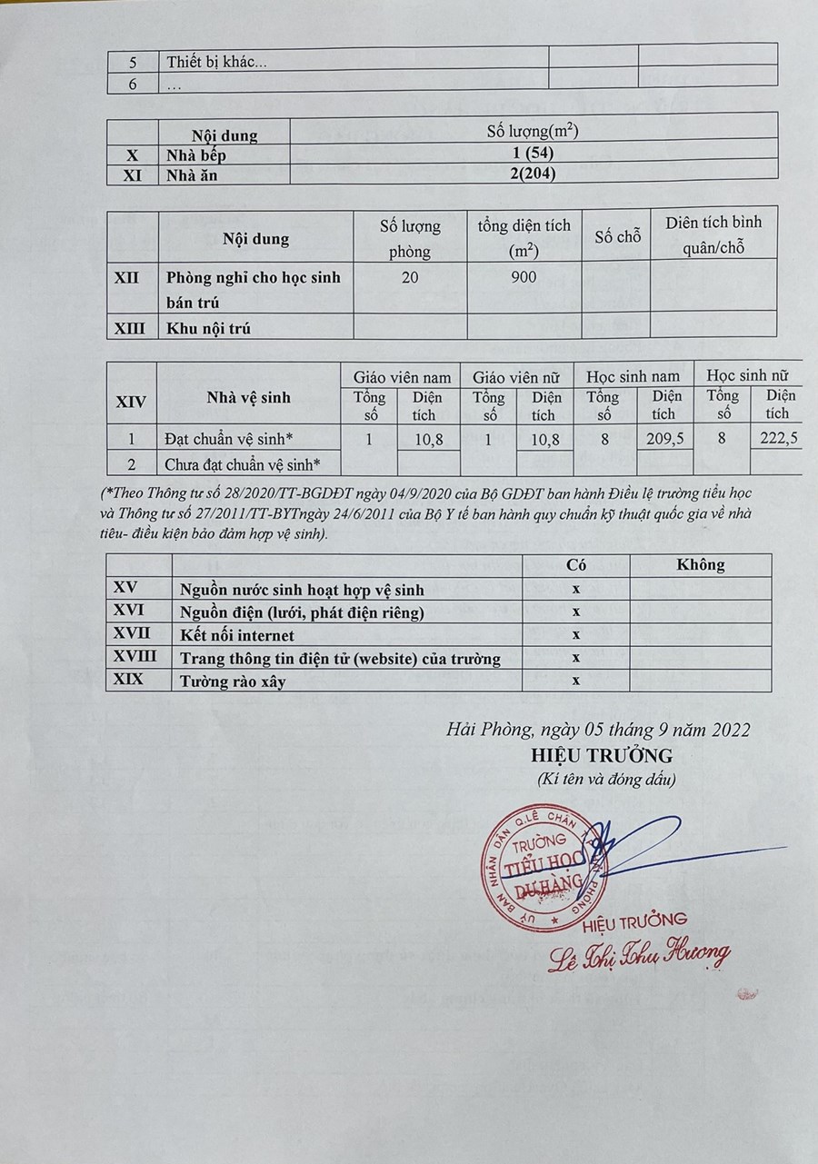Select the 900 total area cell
pyautogui.click(x=524, y=278)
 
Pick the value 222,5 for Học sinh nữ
pyautogui.click(x=781, y=439)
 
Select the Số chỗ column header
pyautogui.click(x=618, y=237)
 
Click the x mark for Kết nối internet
pyautogui.click(x=576, y=634)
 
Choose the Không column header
pyautogui.click(x=701, y=565)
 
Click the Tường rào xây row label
pyautogui.click(x=234, y=681)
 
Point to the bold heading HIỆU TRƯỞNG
pyautogui.click(x=602, y=756)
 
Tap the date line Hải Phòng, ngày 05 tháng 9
pyautogui.click(x=598, y=729)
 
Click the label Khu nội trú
pyautogui.click(x=207, y=328)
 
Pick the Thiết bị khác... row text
pyautogui.click(x=216, y=64)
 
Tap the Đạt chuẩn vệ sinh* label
pyautogui.click(x=229, y=439)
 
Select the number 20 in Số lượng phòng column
pyautogui.click(x=410, y=278)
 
